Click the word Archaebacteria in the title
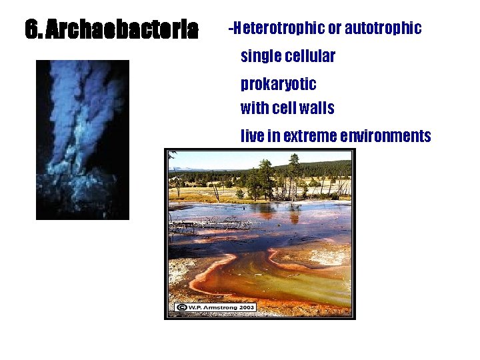tap(123, 29)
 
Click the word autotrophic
tap(383, 28)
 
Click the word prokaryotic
tap(278, 85)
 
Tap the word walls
tap(316, 107)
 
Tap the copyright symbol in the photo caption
tap(180, 307)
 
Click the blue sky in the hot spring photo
tap(220, 158)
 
